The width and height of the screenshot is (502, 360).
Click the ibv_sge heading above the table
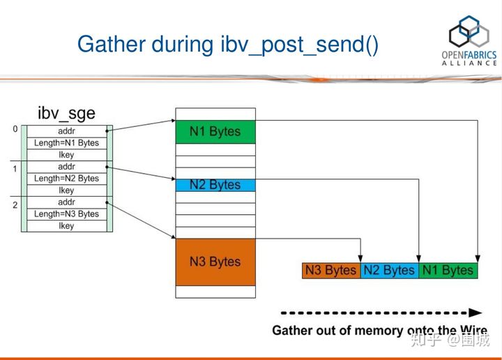pos(67,113)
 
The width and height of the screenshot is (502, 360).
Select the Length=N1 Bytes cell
pos(67,143)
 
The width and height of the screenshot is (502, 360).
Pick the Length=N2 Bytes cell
pos(67,179)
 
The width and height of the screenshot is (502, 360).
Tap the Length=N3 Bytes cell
pos(67,214)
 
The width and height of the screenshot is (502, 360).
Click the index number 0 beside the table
pos(15,130)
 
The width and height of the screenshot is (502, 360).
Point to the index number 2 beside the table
pos(15,205)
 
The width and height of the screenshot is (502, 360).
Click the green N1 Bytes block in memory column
pos(215,131)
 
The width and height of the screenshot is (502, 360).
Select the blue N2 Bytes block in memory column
pos(215,185)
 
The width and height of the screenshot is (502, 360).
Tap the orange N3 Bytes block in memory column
pos(215,262)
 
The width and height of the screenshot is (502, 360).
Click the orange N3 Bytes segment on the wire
pos(331,271)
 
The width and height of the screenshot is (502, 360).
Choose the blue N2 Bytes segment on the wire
pos(389,271)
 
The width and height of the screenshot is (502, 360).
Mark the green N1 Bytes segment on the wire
pos(448,271)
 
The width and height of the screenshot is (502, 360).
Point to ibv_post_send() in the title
pos(301,45)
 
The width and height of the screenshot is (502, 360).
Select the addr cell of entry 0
pos(67,131)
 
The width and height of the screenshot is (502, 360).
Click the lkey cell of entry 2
pos(67,226)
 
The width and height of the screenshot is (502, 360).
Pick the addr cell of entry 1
pos(67,167)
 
